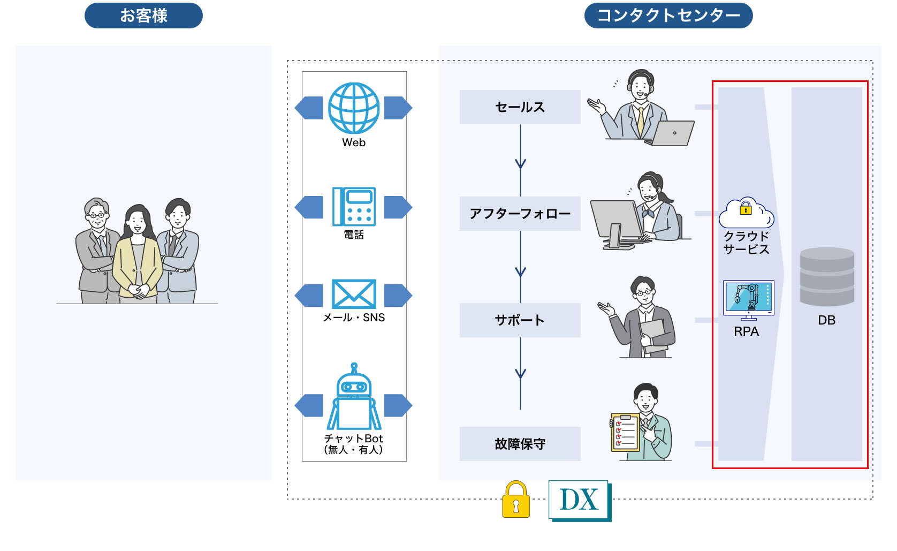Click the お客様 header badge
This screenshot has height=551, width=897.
(143, 16)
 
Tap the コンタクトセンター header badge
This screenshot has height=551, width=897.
(668, 16)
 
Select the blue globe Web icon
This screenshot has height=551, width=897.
(354, 108)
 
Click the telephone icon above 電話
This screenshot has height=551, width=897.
(354, 206)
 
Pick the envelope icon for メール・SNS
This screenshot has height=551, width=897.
(354, 294)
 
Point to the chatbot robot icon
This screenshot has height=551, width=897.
(354, 396)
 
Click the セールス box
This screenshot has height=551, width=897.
(520, 107)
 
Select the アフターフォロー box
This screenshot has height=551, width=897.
(520, 214)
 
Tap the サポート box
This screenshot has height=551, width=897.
(520, 320)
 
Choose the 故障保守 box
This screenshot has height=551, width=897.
(520, 443)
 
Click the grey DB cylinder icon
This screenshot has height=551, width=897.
(827, 276)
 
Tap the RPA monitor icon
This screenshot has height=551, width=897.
(748, 300)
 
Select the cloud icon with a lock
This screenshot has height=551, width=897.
(747, 213)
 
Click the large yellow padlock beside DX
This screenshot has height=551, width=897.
(516, 500)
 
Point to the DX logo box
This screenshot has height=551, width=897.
(580, 501)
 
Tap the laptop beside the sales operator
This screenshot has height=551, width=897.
(670, 133)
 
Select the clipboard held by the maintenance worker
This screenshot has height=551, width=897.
(625, 432)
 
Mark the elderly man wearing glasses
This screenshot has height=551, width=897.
(96, 251)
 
